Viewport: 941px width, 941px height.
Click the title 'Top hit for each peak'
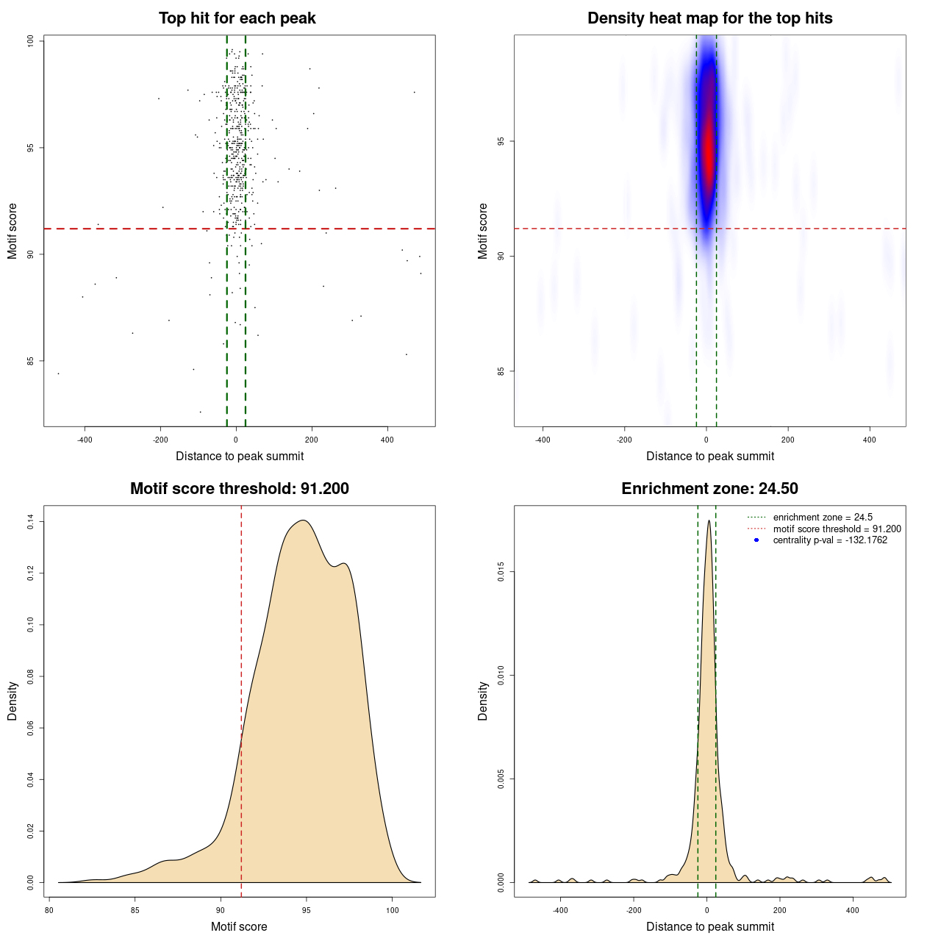point(237,18)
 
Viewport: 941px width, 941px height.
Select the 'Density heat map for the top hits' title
point(709,18)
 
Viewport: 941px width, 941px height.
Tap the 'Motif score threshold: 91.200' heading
point(239,489)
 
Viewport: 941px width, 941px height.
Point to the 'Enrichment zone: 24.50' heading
point(709,489)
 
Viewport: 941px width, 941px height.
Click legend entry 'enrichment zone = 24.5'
point(823,518)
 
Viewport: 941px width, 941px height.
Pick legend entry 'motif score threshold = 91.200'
point(837,529)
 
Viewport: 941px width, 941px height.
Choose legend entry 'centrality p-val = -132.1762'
point(830,540)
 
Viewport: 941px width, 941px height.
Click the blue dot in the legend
point(756,540)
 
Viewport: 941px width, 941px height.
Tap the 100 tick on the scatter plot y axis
point(30,41)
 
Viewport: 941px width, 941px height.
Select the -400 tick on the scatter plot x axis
point(85,440)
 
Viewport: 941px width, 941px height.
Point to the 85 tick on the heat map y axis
point(501,371)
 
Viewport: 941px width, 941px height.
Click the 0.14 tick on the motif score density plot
point(30,522)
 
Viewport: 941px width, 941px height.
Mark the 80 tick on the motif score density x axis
point(49,910)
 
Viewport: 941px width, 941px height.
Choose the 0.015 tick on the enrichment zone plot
point(501,572)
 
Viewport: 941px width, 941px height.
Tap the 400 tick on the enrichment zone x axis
point(853,910)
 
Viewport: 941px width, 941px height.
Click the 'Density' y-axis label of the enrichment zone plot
point(483,701)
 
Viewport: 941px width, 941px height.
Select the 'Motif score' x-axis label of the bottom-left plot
point(239,926)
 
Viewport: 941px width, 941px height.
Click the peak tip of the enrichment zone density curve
point(709,520)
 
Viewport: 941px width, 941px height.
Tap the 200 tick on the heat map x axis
point(788,440)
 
